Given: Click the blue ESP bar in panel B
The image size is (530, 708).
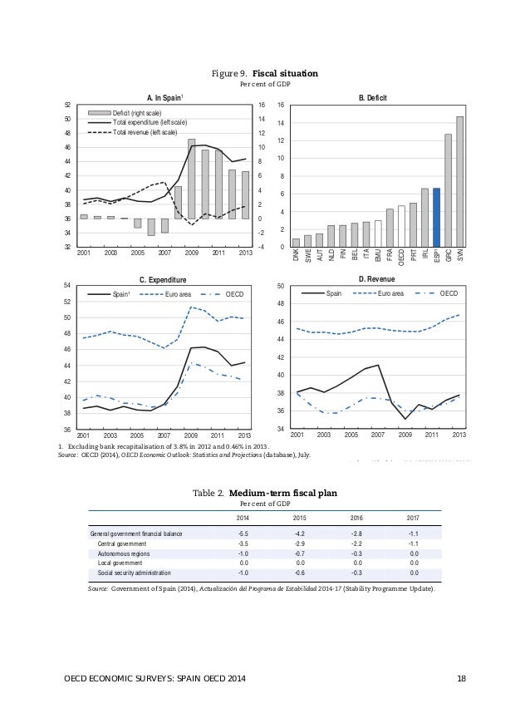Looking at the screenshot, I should tap(436, 218).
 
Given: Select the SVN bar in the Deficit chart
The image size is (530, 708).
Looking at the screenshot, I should tap(459, 181).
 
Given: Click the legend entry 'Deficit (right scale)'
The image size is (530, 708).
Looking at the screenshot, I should tap(138, 113).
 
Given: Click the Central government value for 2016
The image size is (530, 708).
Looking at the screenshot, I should tap(356, 543).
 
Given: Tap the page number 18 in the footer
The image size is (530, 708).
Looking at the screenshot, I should tap(461, 681).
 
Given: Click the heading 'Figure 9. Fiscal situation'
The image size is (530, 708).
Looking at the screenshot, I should tap(264, 73).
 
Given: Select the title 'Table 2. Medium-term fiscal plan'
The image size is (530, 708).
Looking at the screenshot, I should tap(264, 493).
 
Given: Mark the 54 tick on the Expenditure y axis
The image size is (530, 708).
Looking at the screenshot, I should tap(68, 286).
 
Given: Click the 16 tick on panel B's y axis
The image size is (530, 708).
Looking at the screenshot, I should tap(281, 106).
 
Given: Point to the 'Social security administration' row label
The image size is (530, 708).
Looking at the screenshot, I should tap(135, 573).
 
